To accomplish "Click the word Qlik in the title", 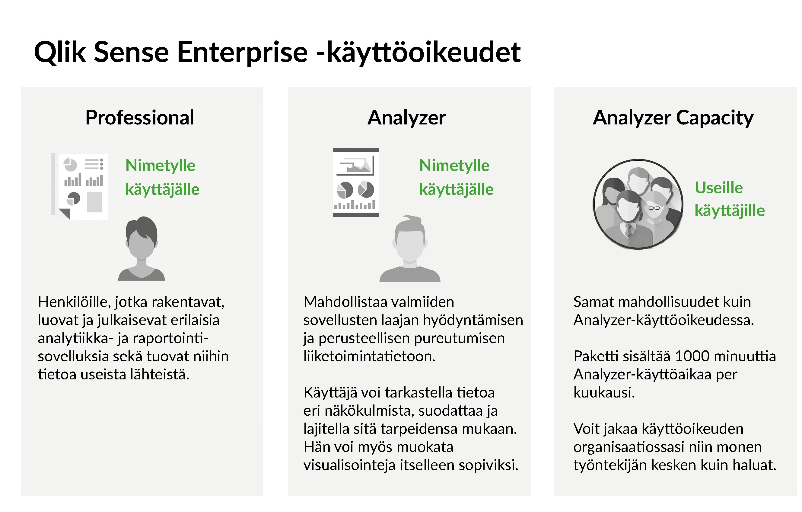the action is pos(60,52).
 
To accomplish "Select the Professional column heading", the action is pos(140,118).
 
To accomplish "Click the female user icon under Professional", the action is pos(142,248).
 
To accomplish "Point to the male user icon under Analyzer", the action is pos(410,249).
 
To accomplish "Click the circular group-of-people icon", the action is pos(638,204).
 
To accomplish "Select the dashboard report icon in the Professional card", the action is pos(80,186).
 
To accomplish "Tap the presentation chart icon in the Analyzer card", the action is pos(356,182).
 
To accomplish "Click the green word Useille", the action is pos(719,188).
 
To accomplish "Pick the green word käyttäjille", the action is pos(730,211).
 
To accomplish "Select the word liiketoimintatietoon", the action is pos(369,356).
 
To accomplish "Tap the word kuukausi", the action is pos(604,393).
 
